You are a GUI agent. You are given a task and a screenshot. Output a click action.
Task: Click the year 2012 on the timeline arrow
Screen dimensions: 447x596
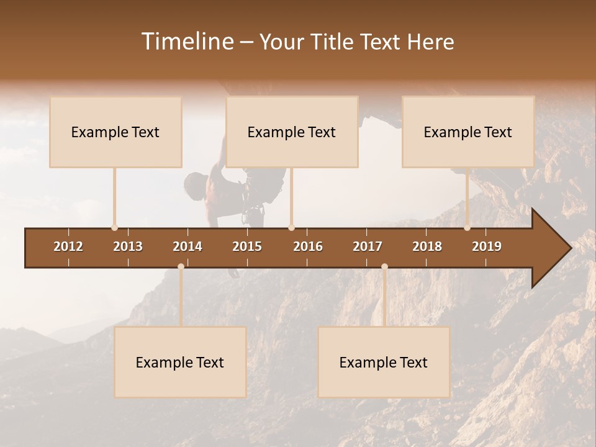tap(68, 246)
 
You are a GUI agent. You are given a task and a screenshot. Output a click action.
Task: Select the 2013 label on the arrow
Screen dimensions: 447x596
tap(128, 246)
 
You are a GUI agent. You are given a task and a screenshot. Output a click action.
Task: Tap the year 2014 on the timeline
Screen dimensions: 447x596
tap(187, 246)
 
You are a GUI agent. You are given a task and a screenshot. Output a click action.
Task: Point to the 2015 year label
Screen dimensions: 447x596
tap(247, 246)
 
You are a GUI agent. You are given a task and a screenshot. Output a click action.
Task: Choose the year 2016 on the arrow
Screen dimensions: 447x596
tap(308, 246)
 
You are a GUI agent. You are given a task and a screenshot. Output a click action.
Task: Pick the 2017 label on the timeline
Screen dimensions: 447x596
tap(368, 246)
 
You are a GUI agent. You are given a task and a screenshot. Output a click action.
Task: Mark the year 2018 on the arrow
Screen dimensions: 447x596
tap(427, 246)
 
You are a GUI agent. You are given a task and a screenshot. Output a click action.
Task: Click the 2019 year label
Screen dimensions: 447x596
tap(487, 246)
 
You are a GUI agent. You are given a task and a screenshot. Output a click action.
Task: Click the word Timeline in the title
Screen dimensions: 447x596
tap(188, 42)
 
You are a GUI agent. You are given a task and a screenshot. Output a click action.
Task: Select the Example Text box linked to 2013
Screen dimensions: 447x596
tap(115, 132)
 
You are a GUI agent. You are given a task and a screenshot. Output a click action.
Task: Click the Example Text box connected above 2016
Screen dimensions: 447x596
tap(292, 132)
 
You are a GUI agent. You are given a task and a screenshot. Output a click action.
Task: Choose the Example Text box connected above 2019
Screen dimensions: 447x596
tap(468, 132)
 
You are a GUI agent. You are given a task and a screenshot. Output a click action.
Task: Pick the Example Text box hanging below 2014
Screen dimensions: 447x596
tap(180, 362)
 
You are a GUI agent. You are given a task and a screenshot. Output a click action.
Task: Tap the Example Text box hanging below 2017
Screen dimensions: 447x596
tap(384, 362)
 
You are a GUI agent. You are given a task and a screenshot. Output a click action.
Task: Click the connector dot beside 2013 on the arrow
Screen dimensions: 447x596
tap(114, 228)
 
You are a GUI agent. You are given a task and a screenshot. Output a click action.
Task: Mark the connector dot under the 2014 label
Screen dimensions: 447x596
tap(181, 267)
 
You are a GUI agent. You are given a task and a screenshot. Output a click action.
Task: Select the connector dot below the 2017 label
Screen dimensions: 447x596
tap(384, 267)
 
